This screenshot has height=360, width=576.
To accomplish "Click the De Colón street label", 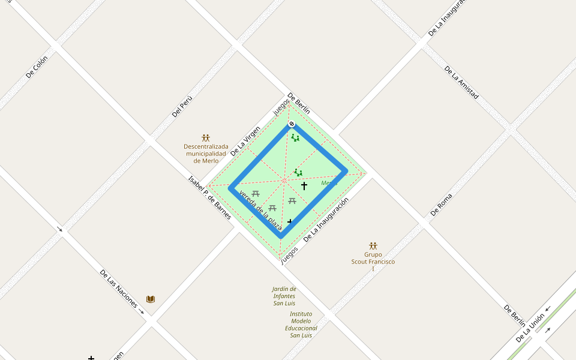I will tap(37, 67).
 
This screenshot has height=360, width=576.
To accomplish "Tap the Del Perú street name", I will tap(181, 106).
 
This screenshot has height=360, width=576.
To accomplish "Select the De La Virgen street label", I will tap(246, 140).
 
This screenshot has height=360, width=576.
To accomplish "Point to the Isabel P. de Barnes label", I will tap(209, 197).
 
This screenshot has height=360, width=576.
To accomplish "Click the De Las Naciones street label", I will tap(118, 289).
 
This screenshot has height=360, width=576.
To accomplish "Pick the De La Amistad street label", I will tap(461, 82).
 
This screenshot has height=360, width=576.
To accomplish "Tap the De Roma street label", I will tap(441, 205).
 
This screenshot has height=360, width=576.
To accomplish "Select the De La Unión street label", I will tap(530, 328).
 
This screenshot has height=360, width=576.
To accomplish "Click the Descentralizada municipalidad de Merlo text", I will tap(206, 154).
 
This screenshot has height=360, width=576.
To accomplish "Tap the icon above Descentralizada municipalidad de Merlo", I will tap(206, 138).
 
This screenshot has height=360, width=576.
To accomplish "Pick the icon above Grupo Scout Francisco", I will tap(373, 246).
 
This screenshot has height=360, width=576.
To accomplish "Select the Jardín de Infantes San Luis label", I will tap(284, 296).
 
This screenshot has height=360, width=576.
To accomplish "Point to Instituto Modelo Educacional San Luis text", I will tap(301, 325).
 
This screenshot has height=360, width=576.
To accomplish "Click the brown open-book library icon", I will tap(151, 299).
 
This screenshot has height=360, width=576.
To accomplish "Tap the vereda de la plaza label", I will tap(260, 211).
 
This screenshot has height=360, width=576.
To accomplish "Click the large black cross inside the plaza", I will tap(304, 186).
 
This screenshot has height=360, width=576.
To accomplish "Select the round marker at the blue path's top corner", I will tap(292, 124).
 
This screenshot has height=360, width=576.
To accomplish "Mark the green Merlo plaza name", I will tap(329, 183).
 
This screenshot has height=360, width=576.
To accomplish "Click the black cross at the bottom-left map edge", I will tap(91, 358).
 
